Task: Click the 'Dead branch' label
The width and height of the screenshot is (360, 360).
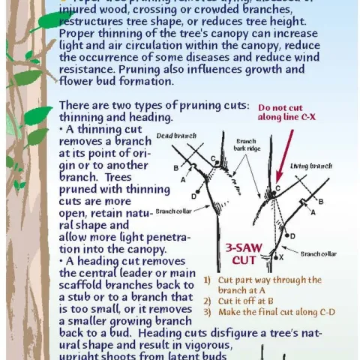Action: pos(175,136)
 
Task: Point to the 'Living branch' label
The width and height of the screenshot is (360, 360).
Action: pos(311,166)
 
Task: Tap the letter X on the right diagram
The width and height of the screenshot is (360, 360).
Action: pos(281,257)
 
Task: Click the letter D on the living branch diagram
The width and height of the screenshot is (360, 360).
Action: pos(292,236)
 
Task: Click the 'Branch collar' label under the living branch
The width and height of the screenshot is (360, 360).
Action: pos(318,253)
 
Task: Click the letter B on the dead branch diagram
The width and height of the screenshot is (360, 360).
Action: pos(176,167)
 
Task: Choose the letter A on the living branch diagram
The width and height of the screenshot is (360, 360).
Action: pos(313,212)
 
